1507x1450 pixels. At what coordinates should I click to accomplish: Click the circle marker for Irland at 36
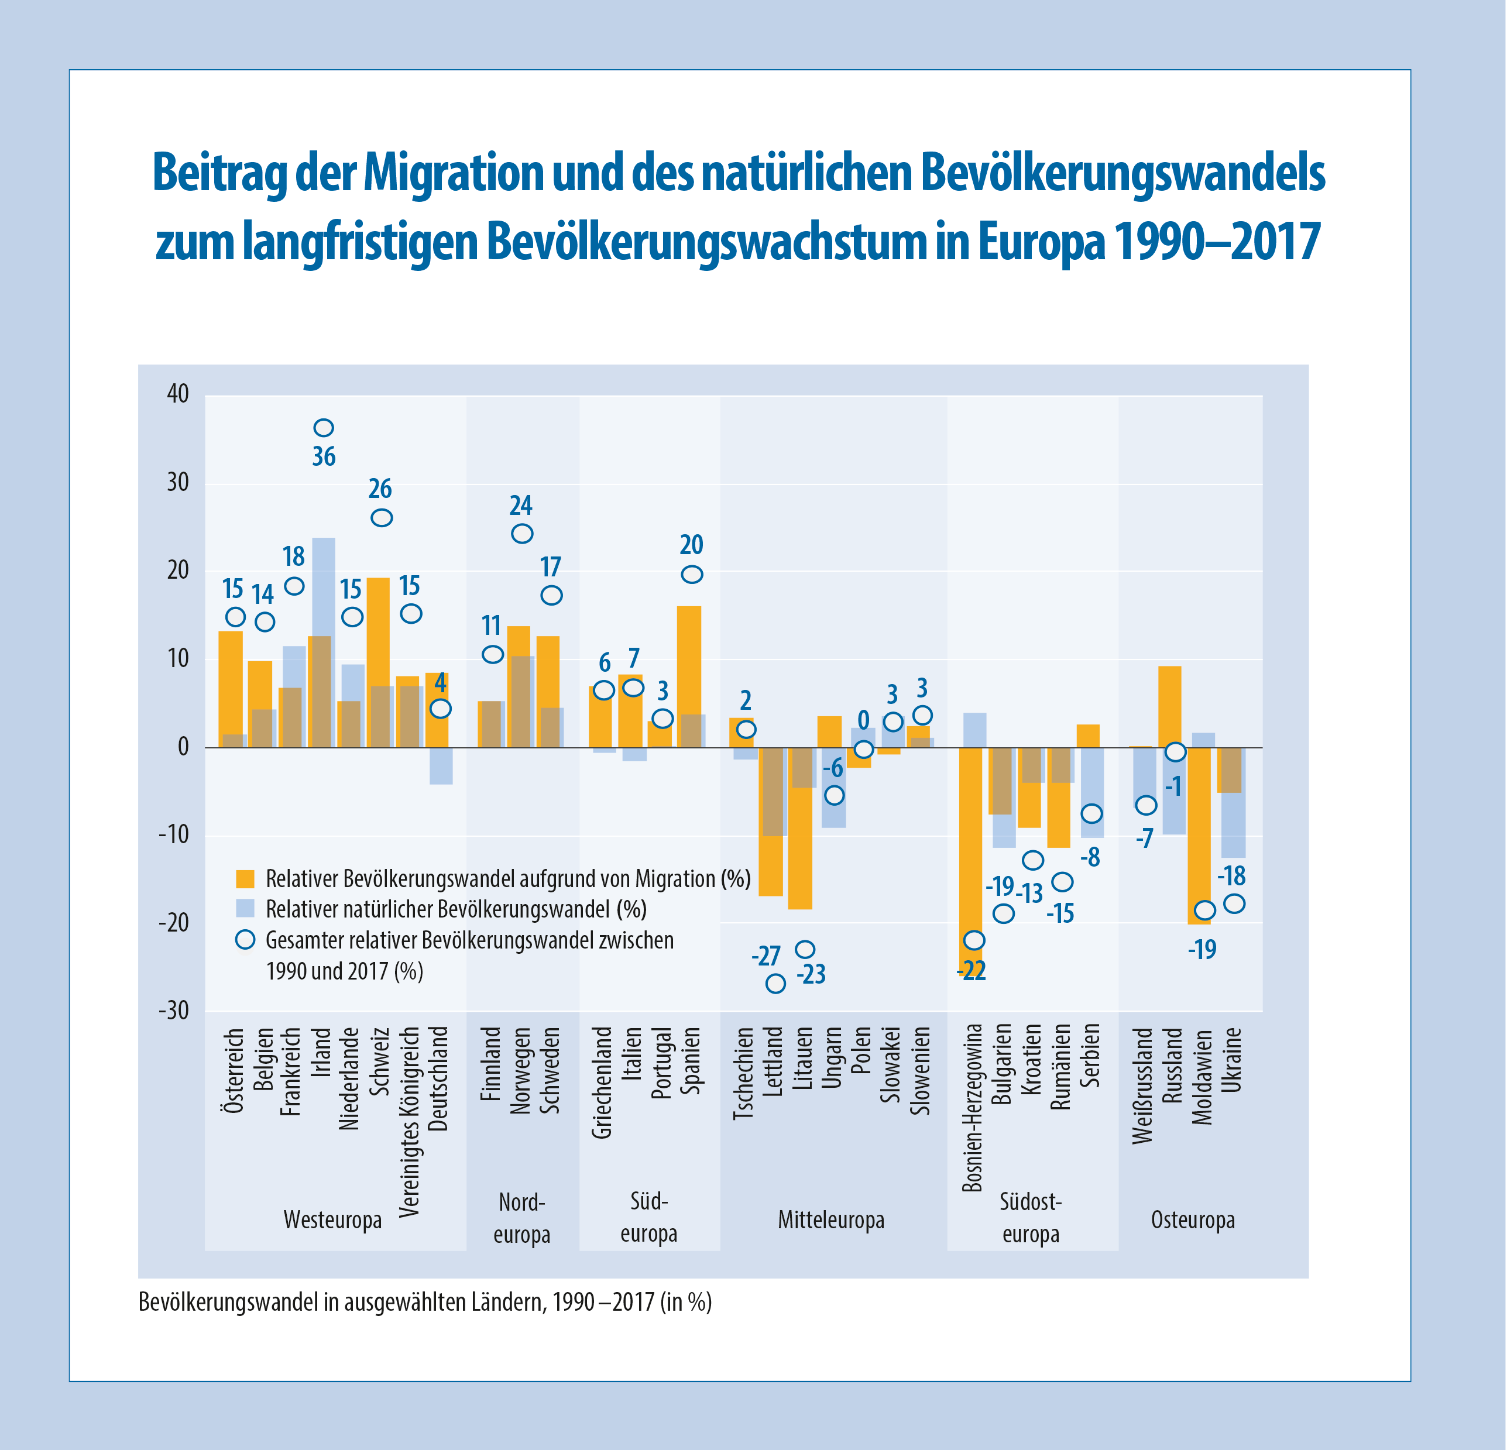[324, 428]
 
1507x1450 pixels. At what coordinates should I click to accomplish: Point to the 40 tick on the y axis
[177, 394]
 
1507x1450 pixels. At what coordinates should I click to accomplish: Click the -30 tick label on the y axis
[174, 1011]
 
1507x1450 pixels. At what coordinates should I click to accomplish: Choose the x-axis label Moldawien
[1203, 1076]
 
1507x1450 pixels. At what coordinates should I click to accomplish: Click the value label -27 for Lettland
[766, 956]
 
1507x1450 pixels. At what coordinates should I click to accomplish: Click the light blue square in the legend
[245, 908]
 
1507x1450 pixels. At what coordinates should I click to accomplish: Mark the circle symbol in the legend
[245, 940]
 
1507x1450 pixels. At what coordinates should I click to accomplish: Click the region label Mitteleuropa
[831, 1220]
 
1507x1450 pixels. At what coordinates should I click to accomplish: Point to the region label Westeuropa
[332, 1220]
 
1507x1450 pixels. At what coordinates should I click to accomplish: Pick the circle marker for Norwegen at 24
[522, 534]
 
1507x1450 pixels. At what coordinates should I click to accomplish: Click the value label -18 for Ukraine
[1233, 877]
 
